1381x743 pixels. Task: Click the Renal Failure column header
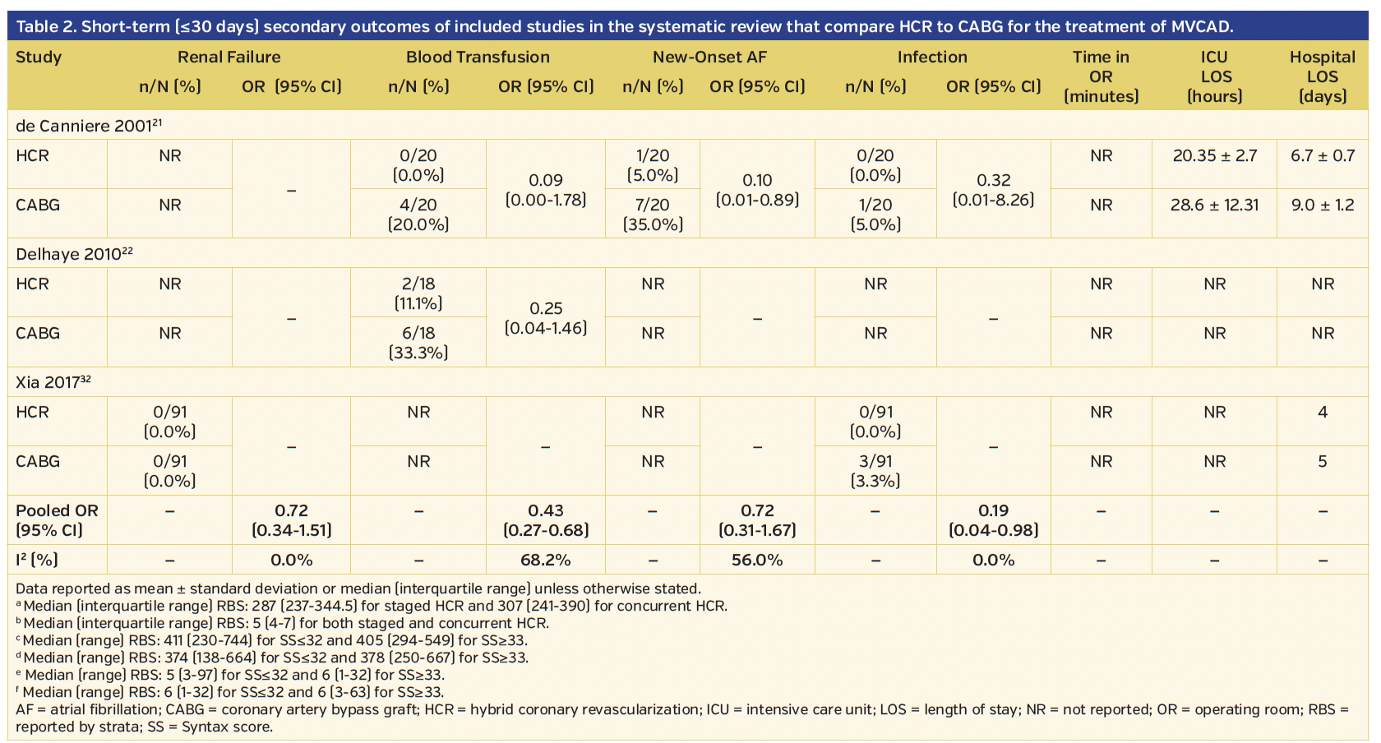pyautogui.click(x=229, y=57)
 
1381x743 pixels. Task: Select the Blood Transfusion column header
pyautogui.click(x=478, y=57)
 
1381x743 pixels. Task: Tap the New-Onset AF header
pyautogui.click(x=709, y=57)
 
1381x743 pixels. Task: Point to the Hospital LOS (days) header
pyautogui.click(x=1322, y=76)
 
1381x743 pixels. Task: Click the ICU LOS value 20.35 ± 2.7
pyautogui.click(x=1214, y=155)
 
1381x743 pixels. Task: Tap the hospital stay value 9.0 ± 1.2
pyautogui.click(x=1322, y=205)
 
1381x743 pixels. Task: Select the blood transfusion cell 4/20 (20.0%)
pyautogui.click(x=418, y=214)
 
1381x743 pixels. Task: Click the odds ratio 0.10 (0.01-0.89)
pyautogui.click(x=757, y=189)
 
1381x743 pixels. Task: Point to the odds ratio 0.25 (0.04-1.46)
pyautogui.click(x=546, y=317)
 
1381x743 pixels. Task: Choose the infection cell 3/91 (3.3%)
pyautogui.click(x=875, y=470)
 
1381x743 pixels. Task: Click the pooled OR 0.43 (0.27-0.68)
pyautogui.click(x=546, y=519)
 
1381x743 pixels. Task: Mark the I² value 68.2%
pyautogui.click(x=546, y=560)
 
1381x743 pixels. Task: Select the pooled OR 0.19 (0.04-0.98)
pyautogui.click(x=993, y=519)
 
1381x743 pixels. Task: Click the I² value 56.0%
pyautogui.click(x=757, y=560)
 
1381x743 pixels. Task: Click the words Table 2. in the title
pyautogui.click(x=45, y=26)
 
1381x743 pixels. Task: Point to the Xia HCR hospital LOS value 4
pyautogui.click(x=1322, y=412)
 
